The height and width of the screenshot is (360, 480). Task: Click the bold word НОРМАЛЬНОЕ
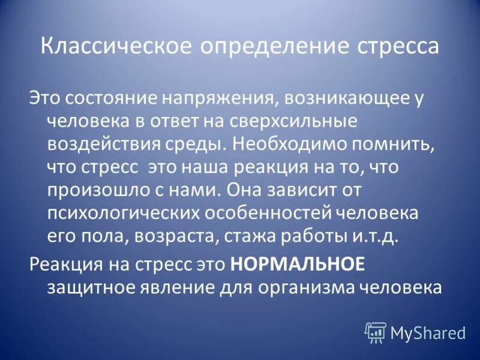click(x=297, y=263)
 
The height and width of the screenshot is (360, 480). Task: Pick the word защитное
click(x=91, y=287)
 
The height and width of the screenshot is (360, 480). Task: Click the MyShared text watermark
click(x=427, y=331)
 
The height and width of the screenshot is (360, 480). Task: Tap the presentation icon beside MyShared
click(x=376, y=331)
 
